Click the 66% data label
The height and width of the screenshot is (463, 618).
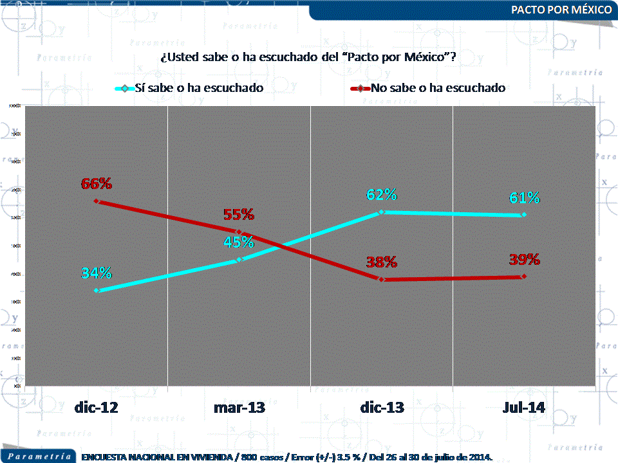(97, 183)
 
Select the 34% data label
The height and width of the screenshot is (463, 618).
(97, 273)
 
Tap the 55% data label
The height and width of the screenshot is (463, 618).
(239, 214)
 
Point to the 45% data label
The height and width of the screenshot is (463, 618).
(239, 242)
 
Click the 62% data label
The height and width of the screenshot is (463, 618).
(382, 194)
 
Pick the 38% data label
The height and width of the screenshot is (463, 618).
(382, 262)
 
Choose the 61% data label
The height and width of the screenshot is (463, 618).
(524, 197)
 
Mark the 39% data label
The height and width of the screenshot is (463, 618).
(524, 259)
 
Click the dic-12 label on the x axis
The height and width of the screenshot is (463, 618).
(96, 407)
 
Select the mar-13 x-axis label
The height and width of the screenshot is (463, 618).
(239, 407)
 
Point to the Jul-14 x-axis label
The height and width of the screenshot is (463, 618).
(523, 407)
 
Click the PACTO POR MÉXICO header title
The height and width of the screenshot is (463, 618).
(561, 10)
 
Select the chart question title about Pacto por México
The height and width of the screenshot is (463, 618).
(308, 57)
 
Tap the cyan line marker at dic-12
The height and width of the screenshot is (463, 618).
(97, 291)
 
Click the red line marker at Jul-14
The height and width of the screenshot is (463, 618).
(523, 277)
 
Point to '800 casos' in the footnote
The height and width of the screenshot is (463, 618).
(260, 457)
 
